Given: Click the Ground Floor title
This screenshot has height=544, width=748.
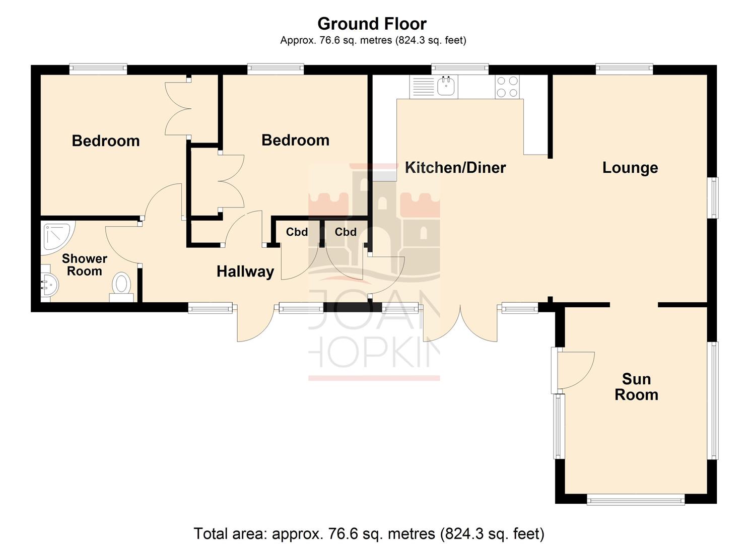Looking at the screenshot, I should [372, 24].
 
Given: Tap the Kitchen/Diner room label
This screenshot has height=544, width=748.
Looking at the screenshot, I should [455, 167].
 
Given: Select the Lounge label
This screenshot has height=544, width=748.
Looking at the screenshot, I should [630, 167].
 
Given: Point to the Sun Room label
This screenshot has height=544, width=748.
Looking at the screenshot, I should [636, 386].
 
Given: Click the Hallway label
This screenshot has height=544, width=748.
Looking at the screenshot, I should [245, 271].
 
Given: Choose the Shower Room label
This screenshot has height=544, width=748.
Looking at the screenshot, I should [85, 265].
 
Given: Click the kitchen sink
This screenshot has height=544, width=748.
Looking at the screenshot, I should [446, 86].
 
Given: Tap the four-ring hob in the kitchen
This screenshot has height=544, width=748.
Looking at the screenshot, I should [507, 86].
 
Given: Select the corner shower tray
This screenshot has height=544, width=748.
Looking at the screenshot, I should [56, 235].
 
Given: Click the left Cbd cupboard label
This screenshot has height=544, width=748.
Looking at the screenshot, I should [297, 232].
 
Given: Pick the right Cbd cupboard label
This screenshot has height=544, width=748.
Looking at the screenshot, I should [346, 232].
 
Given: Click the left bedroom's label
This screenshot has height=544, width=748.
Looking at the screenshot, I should [106, 141].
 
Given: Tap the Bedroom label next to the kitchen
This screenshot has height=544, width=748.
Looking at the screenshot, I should [295, 140].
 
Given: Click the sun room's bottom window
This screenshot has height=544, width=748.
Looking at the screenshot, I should [636, 500].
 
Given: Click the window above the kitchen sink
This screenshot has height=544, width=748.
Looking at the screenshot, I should [460, 69].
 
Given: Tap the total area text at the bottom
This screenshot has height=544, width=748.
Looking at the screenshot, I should [369, 533].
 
